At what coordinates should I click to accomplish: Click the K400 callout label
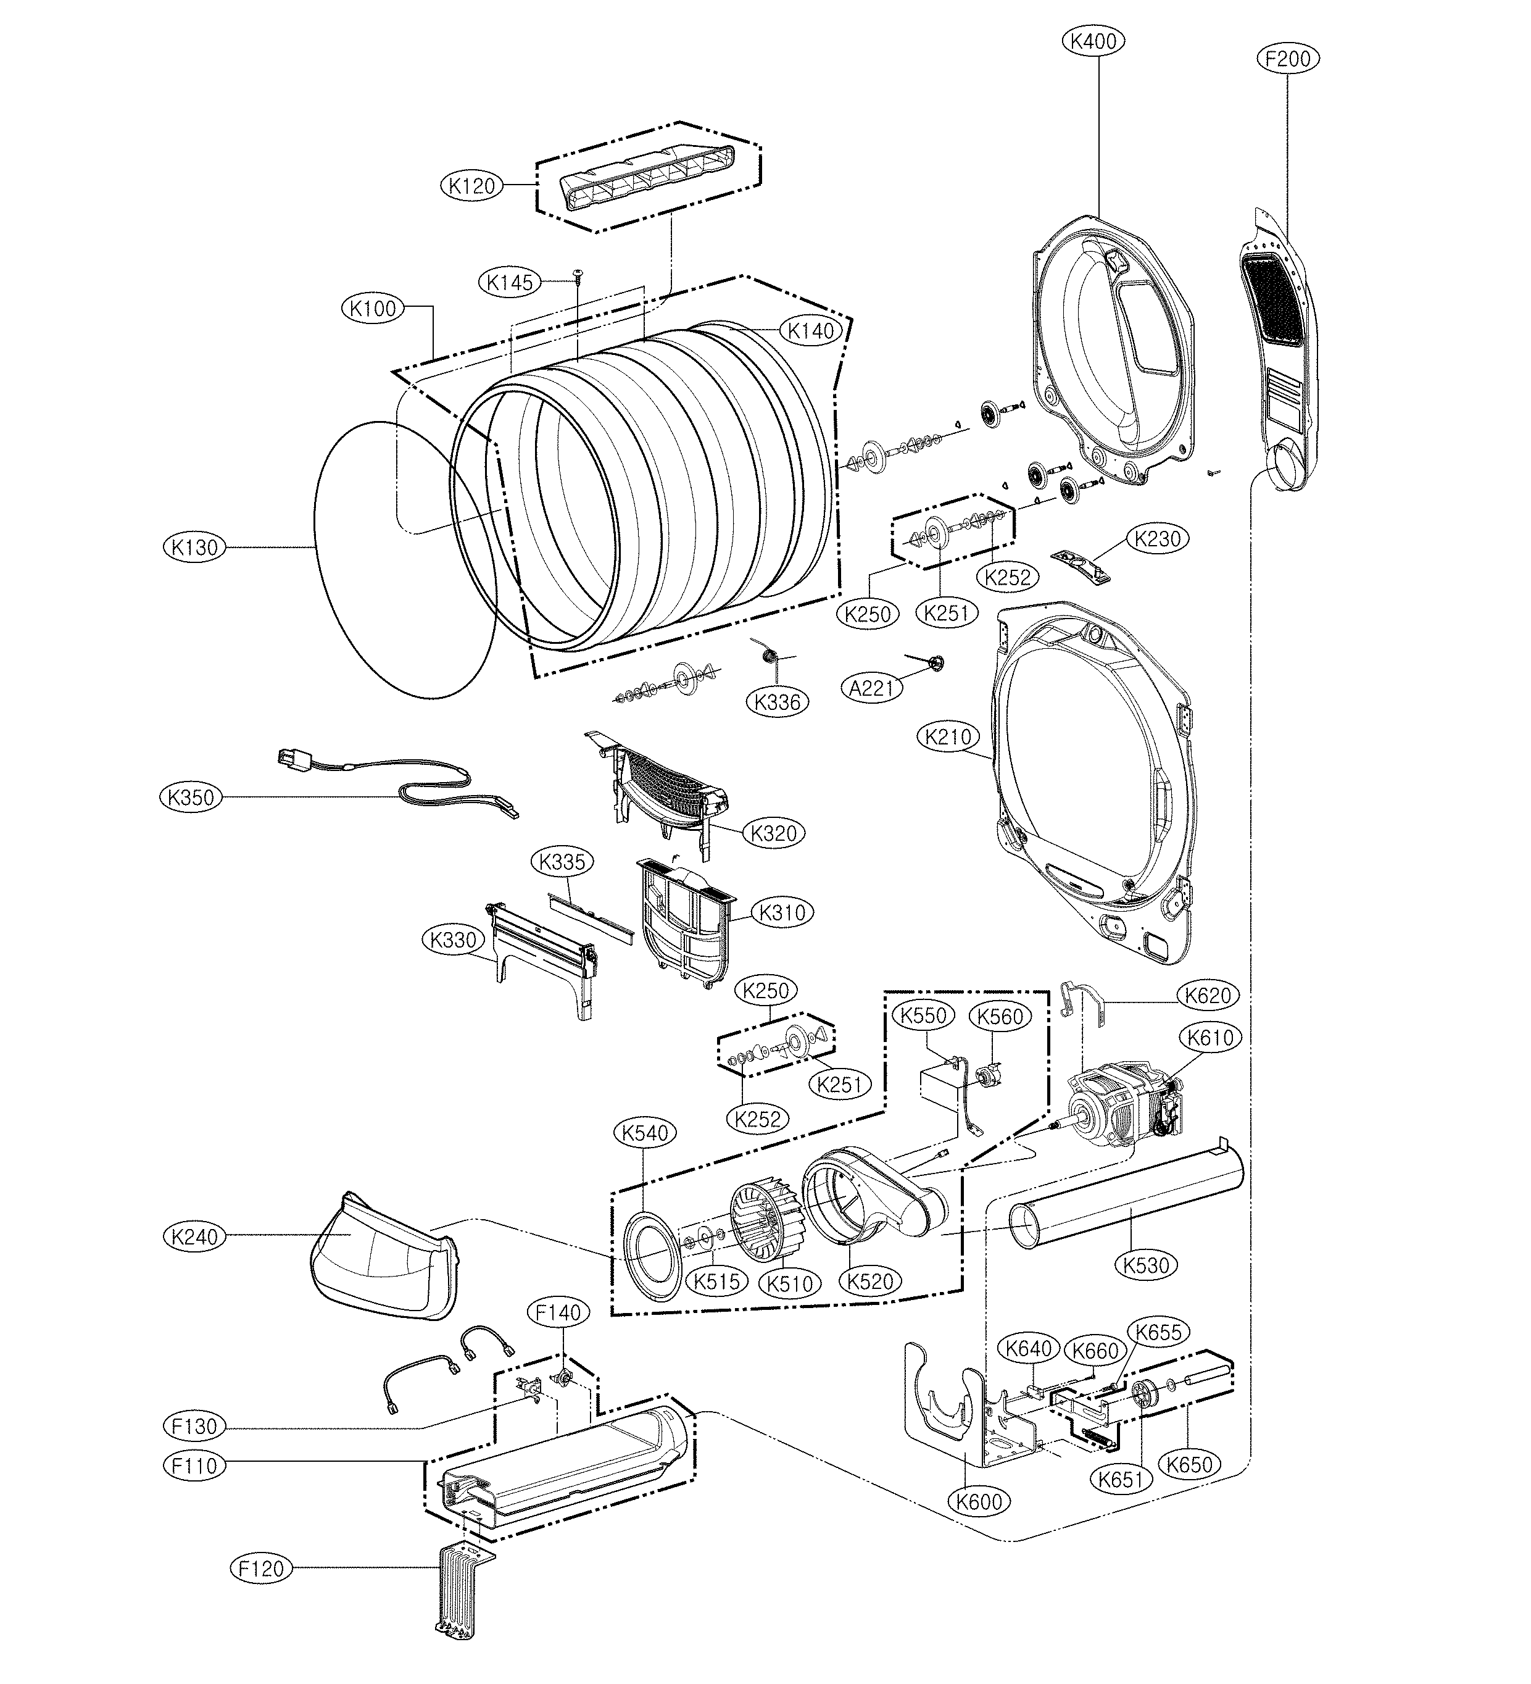[1094, 41]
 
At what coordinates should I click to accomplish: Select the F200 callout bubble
[1288, 59]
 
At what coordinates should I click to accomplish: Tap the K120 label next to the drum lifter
[472, 185]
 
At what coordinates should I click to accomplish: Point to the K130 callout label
[194, 547]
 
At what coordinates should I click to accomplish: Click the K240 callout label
[194, 1236]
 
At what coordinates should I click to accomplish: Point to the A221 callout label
[872, 688]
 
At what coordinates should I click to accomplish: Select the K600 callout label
[979, 1501]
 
